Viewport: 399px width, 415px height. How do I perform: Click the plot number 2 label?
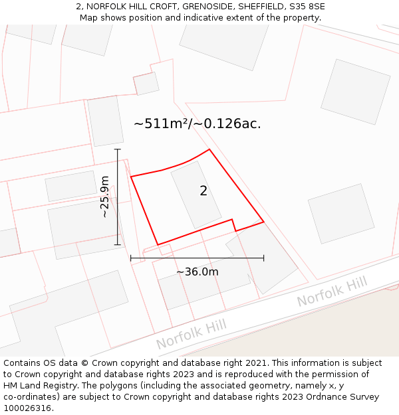click(203, 191)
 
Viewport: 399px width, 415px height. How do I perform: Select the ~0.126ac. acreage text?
click(232, 124)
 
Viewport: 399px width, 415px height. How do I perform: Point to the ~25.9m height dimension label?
click(105, 197)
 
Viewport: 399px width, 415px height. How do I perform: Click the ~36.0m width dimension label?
click(198, 272)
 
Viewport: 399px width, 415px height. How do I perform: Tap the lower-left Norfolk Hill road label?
click(191, 334)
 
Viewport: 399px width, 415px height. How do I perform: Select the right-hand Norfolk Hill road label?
click(332, 292)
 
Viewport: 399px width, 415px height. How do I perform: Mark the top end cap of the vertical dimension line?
click(118, 149)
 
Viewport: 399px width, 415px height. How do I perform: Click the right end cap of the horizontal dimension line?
click(264, 258)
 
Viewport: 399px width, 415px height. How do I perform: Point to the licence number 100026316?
click(29, 408)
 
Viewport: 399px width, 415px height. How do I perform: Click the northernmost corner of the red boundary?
click(209, 149)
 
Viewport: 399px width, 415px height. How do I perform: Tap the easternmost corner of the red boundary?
click(264, 222)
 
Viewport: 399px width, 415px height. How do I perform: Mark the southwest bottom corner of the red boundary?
click(158, 244)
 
